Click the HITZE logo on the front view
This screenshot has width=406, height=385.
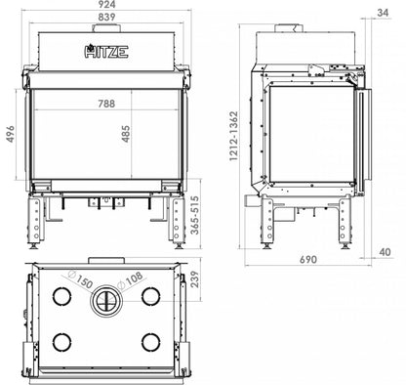tap(106, 51)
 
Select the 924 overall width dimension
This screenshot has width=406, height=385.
tap(106, 5)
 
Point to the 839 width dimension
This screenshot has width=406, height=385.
tap(106, 17)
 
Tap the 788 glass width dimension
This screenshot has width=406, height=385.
tap(106, 104)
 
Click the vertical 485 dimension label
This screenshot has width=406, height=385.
tap(126, 134)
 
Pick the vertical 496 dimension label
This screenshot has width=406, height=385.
tap(11, 134)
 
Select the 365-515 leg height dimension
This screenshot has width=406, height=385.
tap(195, 215)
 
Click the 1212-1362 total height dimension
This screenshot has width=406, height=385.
tap(233, 136)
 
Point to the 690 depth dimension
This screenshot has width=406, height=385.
tap(307, 260)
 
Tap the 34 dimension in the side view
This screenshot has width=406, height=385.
tap(383, 13)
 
